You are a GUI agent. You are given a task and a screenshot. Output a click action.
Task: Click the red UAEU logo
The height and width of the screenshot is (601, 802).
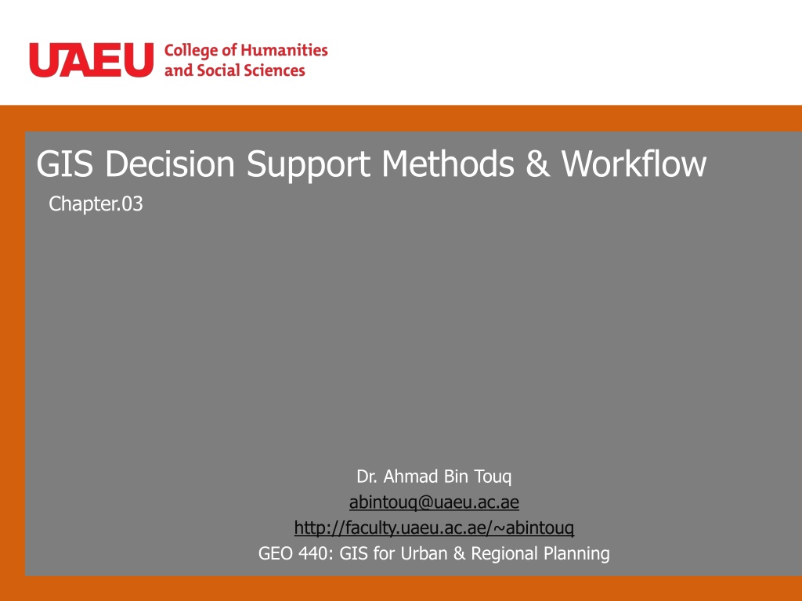pos(92,59)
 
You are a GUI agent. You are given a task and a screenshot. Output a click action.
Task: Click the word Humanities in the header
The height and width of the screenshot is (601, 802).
pos(284,50)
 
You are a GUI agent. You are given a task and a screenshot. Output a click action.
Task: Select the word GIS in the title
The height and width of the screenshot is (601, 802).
pos(65,164)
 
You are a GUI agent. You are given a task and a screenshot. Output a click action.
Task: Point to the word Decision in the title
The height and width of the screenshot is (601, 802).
pos(170,164)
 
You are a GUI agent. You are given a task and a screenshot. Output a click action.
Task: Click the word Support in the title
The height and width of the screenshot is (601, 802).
pos(309,164)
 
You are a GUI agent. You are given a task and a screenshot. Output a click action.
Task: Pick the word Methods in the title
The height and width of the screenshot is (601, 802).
pos(448,164)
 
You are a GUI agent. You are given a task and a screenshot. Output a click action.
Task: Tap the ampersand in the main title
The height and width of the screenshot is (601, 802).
pos(537,164)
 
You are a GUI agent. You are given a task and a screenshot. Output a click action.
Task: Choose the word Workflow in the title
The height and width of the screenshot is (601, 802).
pos(634,164)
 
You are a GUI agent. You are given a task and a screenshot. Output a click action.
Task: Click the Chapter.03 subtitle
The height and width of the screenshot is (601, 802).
pos(96,204)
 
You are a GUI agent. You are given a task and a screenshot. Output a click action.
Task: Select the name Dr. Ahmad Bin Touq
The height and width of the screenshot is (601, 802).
pos(434,477)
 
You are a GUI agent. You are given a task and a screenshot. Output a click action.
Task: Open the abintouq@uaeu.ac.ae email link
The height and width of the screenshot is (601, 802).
pos(434,502)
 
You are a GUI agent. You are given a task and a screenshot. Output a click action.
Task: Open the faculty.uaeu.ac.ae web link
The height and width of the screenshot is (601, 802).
pos(434,527)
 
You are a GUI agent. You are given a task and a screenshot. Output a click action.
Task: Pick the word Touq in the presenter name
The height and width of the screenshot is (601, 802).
pos(493,477)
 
